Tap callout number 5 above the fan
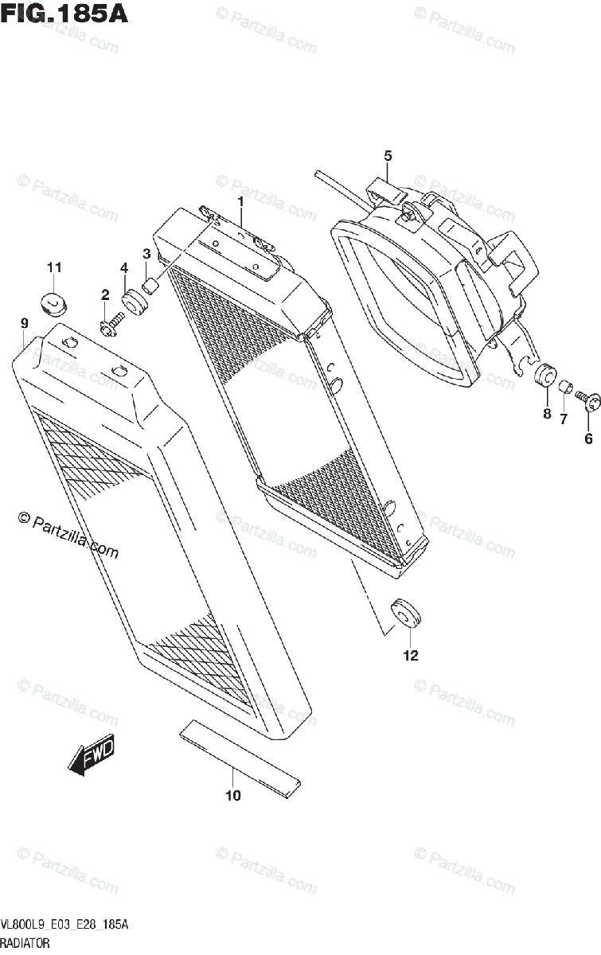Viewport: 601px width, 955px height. tap(388, 155)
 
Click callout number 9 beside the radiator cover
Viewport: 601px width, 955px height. tap(25, 322)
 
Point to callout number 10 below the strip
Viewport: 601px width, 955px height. tap(232, 794)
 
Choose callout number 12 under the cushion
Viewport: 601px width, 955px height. tap(410, 656)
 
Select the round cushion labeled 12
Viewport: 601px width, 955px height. tap(405, 613)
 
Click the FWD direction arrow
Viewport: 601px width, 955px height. tap(92, 754)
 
